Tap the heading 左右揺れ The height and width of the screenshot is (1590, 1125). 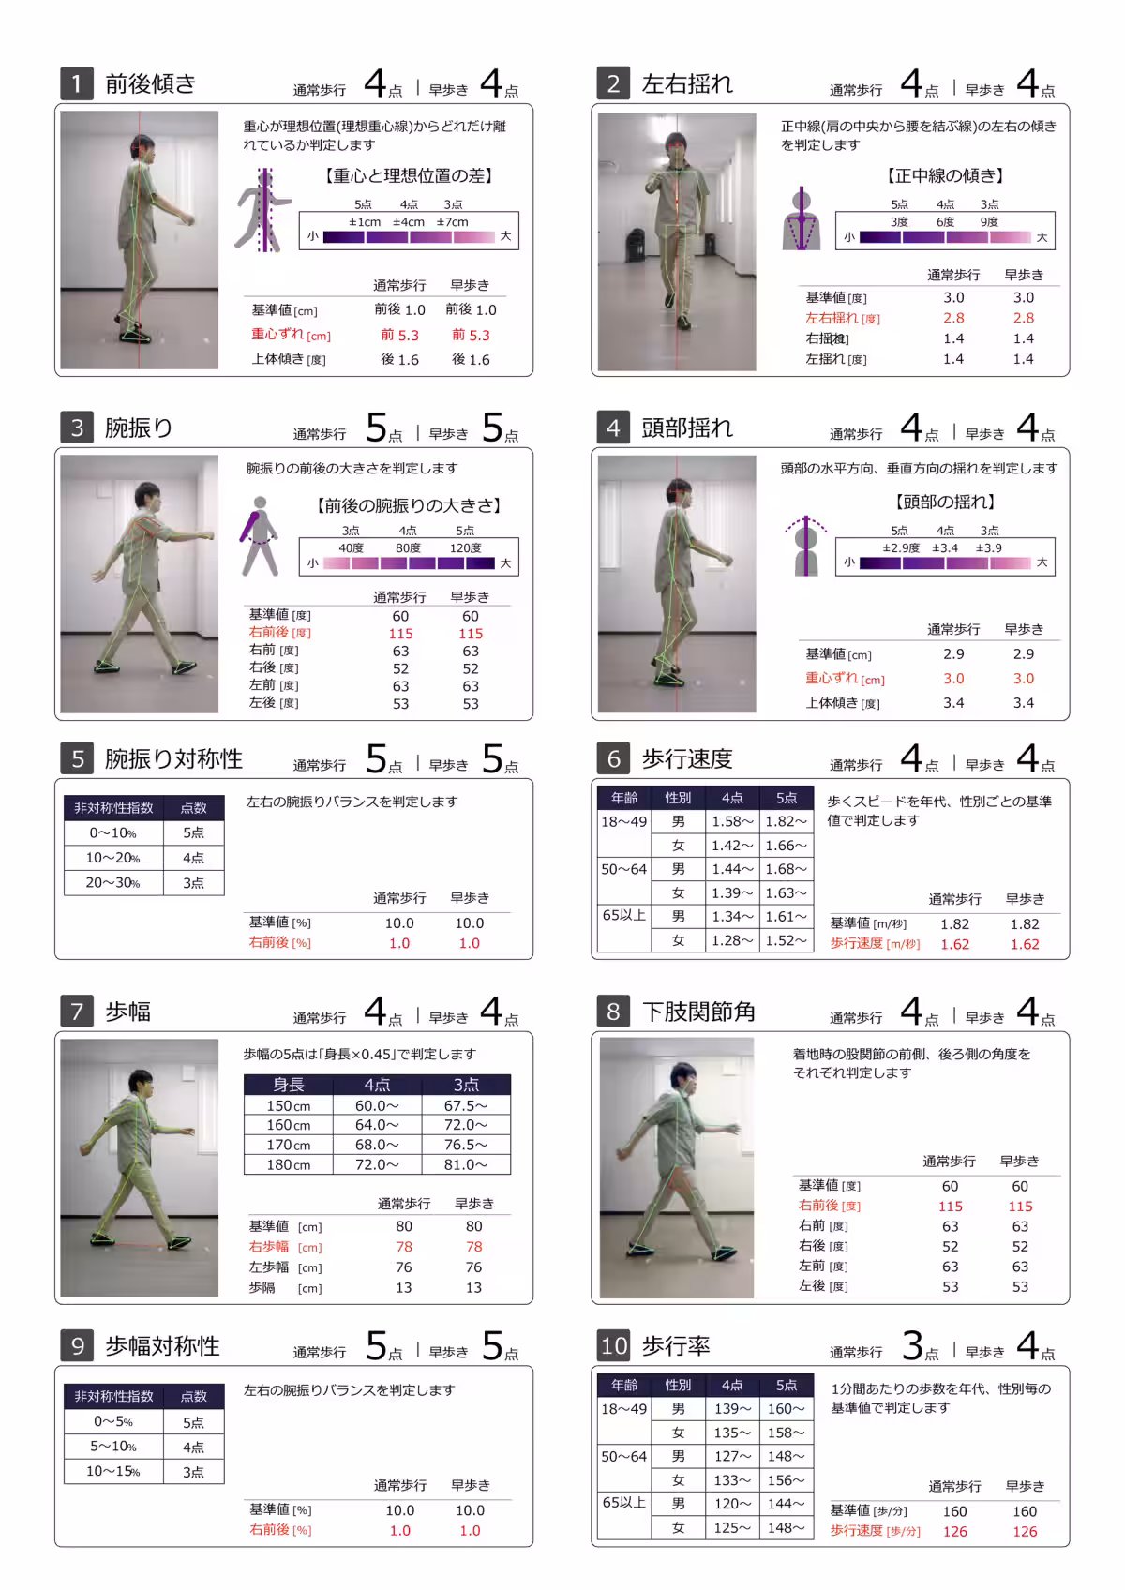687,83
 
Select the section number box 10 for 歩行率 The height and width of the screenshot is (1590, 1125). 614,1346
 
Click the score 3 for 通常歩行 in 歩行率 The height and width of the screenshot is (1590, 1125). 912,1346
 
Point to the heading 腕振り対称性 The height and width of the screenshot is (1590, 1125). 173,758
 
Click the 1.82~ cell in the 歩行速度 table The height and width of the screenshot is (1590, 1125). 786,821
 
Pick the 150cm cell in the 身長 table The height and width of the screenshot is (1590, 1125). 289,1105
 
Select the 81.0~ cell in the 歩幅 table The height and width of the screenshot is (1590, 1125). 466,1164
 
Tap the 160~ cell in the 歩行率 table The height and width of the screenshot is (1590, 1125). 786,1408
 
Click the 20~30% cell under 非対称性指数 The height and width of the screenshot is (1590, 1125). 112,882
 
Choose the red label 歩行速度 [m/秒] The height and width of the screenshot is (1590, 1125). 875,944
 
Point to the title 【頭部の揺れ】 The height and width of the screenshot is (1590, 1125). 945,502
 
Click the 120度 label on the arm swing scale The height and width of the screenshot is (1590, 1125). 465,547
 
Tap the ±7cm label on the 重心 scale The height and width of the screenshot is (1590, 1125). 452,222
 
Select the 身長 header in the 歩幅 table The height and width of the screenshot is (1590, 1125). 289,1085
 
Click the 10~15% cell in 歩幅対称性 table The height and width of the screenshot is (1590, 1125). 112,1471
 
